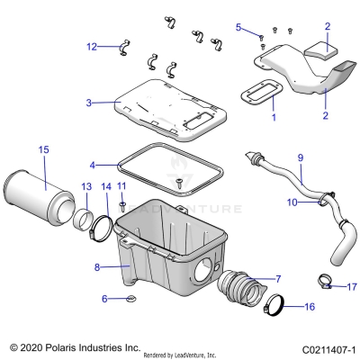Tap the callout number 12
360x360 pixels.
(92, 46)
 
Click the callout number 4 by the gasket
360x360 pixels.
(92, 166)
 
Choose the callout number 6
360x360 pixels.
(104, 298)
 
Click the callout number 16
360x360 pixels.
(310, 307)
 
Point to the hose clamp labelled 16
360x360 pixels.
(276, 308)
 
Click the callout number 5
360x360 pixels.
(239, 27)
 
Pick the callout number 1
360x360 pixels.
(275, 117)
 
